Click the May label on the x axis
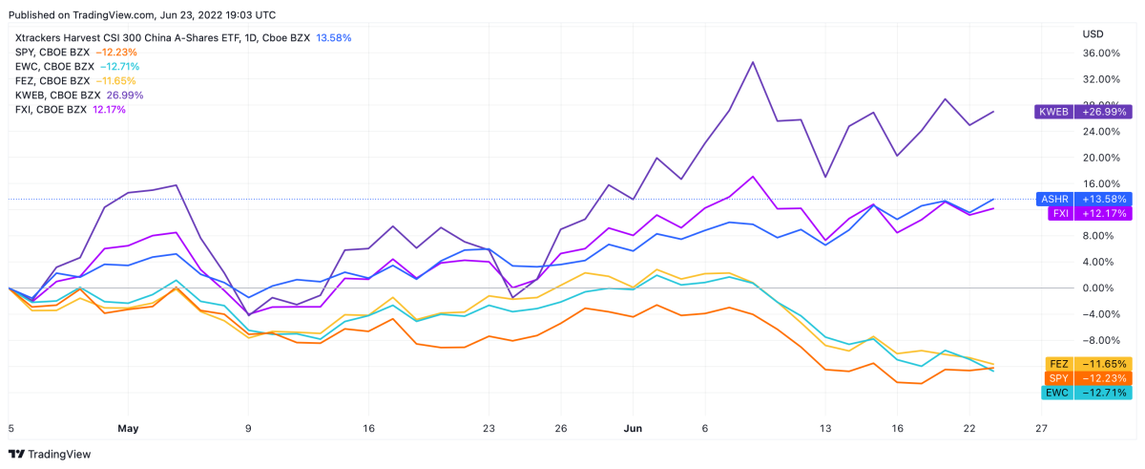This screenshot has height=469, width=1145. (129, 429)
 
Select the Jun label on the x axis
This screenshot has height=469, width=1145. (633, 429)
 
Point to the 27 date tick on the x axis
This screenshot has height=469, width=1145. (1041, 429)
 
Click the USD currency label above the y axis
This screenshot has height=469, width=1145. (1093, 34)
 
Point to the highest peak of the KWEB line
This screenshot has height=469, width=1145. (753, 62)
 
